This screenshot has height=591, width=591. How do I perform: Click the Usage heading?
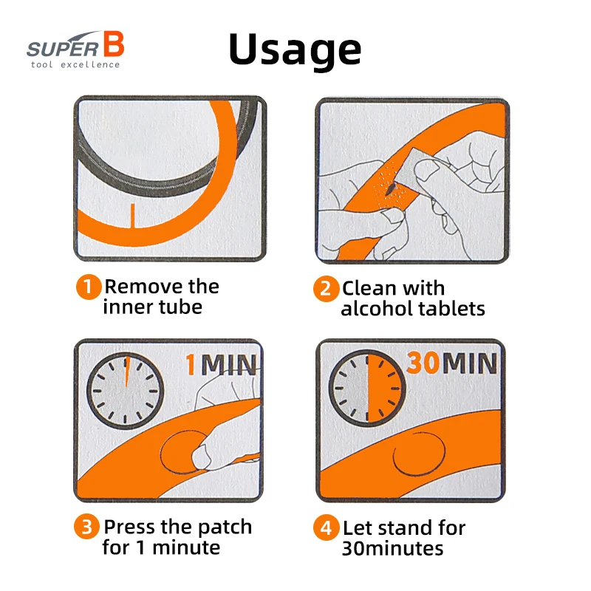[295, 50]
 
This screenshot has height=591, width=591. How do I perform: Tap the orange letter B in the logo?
[114, 44]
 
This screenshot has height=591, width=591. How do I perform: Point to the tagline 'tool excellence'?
[75, 64]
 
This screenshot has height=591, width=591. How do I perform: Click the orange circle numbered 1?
[89, 287]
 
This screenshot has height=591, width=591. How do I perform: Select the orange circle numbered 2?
[326, 289]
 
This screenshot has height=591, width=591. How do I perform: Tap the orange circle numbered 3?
[86, 527]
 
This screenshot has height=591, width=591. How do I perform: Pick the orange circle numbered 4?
[326, 527]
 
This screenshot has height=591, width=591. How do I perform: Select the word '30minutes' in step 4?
[392, 548]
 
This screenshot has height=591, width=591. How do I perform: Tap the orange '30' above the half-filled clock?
[423, 363]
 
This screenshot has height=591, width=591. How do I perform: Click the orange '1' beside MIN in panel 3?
[191, 365]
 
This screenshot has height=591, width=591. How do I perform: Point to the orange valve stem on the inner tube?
[133, 216]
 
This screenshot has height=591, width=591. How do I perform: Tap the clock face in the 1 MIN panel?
[125, 391]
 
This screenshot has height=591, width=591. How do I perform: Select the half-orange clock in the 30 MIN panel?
[367, 389]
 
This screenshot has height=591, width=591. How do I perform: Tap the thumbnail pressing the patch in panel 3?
[199, 456]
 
